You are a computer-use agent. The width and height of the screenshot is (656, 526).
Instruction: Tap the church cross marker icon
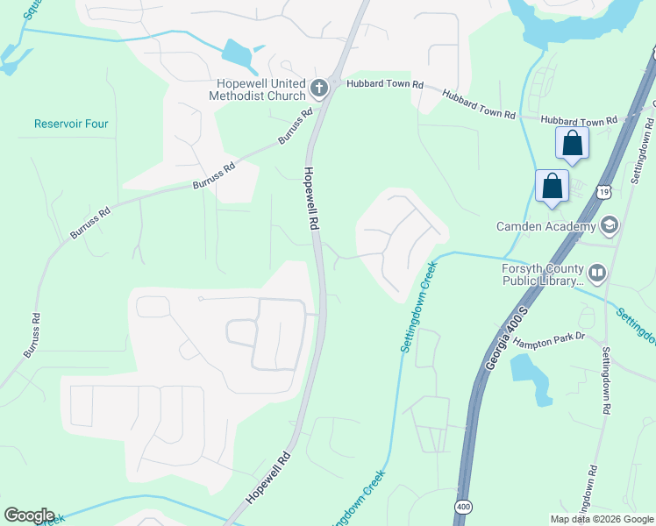[318, 87]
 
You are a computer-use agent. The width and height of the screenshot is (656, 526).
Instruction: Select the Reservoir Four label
[71, 124]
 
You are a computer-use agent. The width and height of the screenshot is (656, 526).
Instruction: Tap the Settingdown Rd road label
[604, 382]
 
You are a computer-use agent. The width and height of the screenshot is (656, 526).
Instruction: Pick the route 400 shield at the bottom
[462, 508]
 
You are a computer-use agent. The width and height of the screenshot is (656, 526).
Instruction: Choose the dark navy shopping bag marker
[572, 144]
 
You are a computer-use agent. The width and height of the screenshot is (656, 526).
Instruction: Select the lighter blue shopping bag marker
[552, 187]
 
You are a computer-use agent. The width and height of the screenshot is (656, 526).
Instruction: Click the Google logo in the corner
[29, 515]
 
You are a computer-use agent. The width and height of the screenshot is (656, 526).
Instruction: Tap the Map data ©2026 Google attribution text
[602, 519]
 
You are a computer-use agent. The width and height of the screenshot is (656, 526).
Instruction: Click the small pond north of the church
[238, 55]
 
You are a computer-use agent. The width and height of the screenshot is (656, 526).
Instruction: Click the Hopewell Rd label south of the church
[310, 198]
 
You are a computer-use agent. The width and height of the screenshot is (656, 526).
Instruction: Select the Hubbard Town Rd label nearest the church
[385, 84]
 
